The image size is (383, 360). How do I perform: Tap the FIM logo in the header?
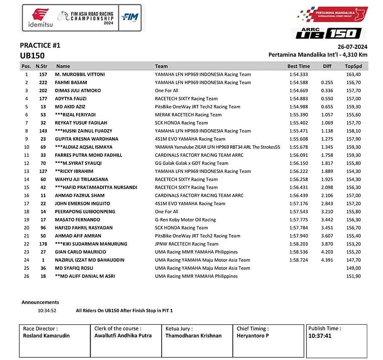[129, 17]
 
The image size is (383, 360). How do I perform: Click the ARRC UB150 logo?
[328, 33]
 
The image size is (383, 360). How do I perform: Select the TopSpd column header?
[353, 66]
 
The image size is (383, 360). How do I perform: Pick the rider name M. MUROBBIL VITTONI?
[80, 74]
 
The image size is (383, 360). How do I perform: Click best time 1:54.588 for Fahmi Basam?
[298, 82]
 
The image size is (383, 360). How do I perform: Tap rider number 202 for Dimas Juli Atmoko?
[43, 91]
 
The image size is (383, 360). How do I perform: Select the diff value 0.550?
[327, 99]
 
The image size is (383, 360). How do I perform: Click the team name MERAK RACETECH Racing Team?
[188, 115]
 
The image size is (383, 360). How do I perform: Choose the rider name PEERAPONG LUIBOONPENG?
[85, 212]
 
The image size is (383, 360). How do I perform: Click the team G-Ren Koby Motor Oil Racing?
[185, 220]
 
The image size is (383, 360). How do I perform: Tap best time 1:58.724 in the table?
[298, 260]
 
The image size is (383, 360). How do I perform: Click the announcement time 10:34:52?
[47, 311]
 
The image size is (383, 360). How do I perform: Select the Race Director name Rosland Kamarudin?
[47, 335]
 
